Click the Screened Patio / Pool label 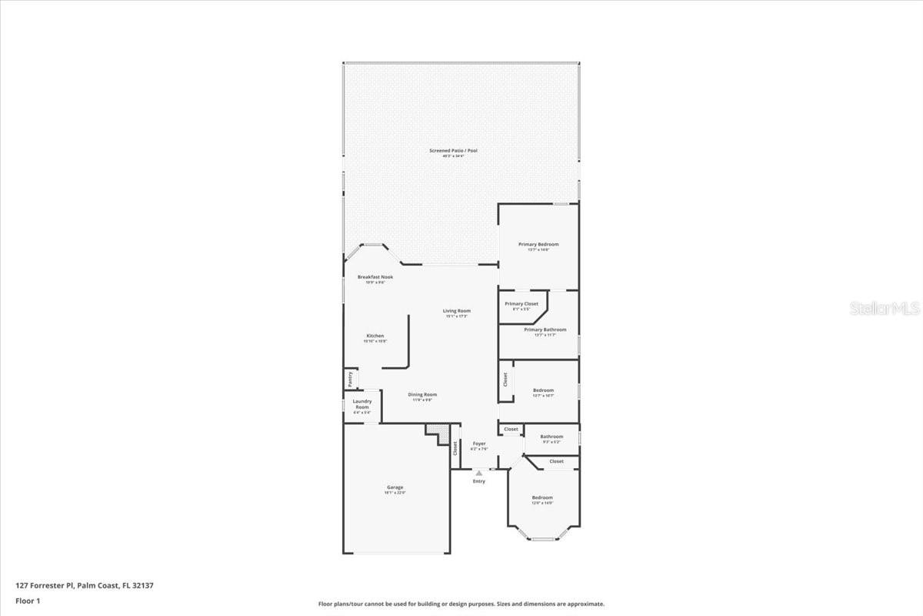pos(453,150)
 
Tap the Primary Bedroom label pos(538,244)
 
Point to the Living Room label pos(456,311)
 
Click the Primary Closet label pos(521,304)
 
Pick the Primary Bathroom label pos(545,330)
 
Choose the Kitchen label pos(375,336)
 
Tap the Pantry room pos(350,379)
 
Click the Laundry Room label pos(362,403)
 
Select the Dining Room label pos(422,395)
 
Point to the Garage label pos(395,487)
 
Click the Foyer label pos(479,444)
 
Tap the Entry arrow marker pos(479,473)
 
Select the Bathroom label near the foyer pos(551,437)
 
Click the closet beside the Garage pos(455,447)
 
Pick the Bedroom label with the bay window pos(542,497)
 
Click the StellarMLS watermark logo pos(885,308)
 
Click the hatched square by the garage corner pos(438,431)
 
